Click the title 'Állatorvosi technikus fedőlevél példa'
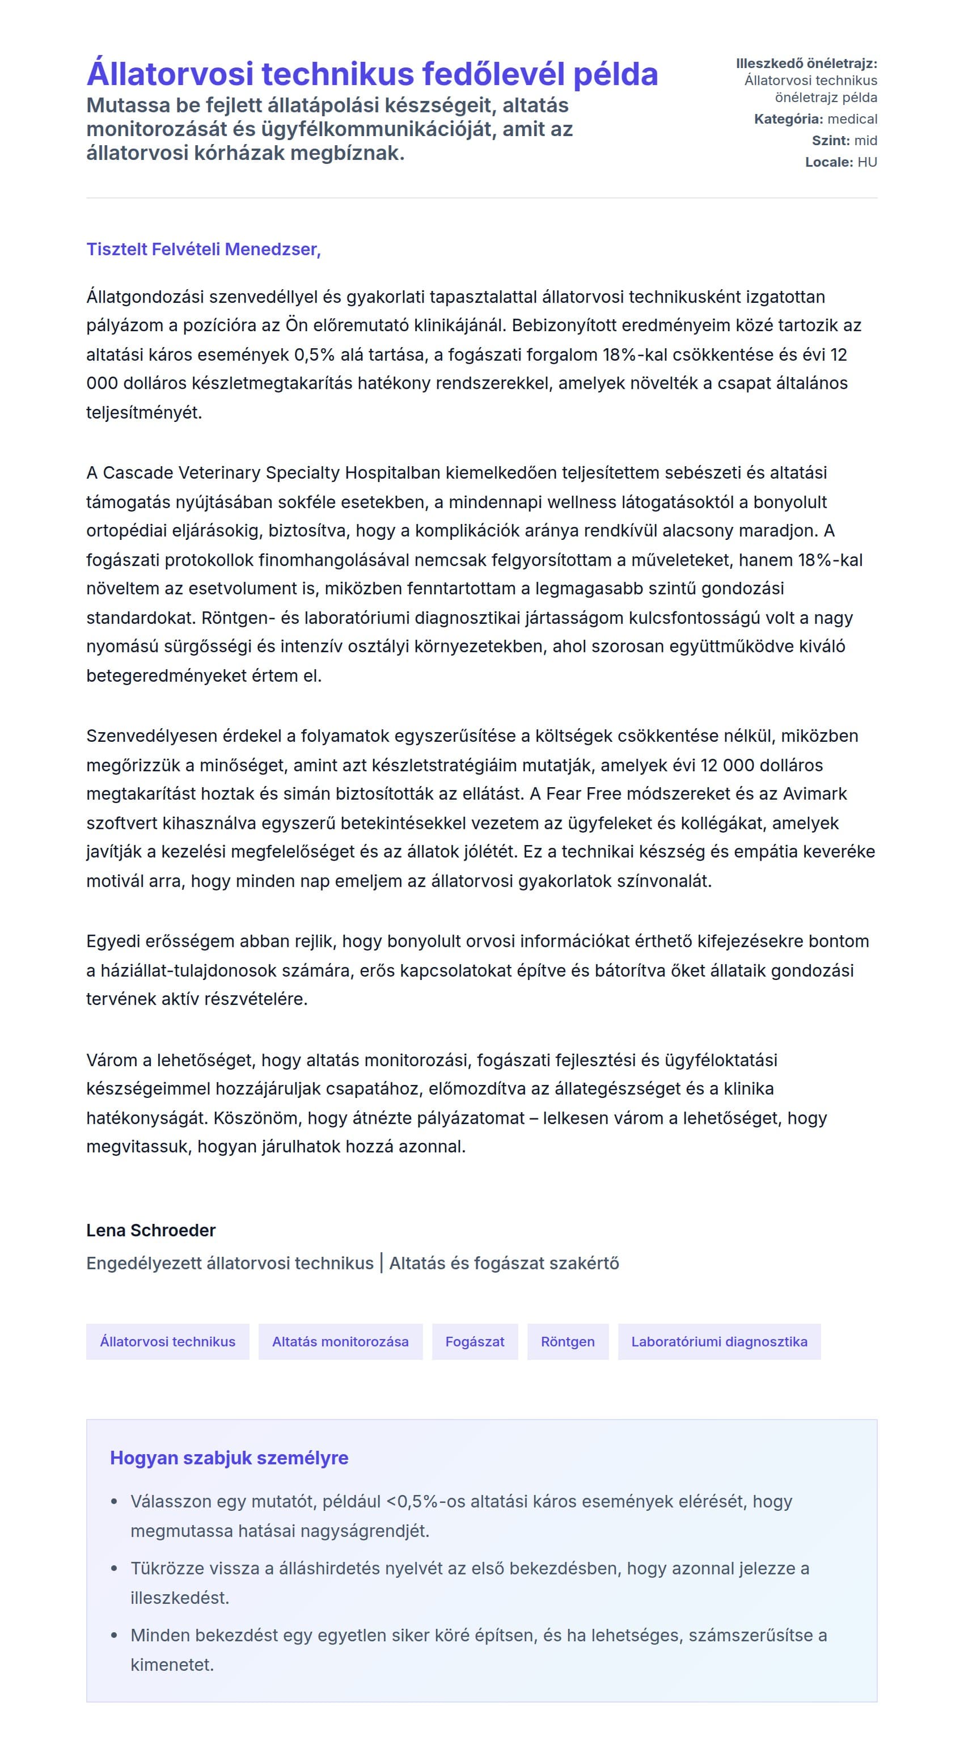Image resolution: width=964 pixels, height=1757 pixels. click(371, 74)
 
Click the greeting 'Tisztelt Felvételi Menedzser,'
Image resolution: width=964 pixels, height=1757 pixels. click(203, 249)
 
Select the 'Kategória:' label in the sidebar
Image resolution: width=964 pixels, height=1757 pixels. click(788, 119)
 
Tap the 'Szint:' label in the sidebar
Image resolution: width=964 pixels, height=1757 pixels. click(830, 141)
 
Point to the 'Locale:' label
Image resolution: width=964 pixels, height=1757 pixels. click(828, 162)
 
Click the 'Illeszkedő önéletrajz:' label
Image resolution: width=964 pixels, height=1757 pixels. click(806, 64)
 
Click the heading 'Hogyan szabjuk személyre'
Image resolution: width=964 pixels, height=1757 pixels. click(229, 1458)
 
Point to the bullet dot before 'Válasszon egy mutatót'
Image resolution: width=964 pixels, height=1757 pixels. click(115, 1502)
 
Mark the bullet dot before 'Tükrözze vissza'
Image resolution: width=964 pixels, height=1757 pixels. click(115, 1569)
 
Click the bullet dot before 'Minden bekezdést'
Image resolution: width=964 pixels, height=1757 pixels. click(115, 1635)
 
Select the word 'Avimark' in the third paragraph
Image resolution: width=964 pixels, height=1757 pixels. click(815, 794)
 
